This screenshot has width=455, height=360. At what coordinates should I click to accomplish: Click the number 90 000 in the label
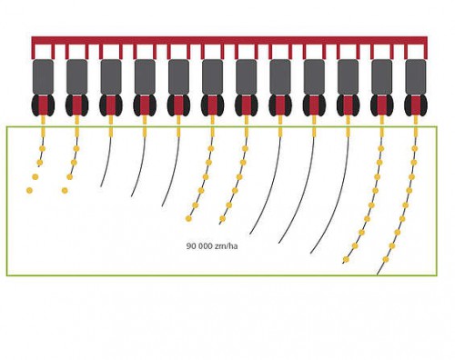coord(199,245)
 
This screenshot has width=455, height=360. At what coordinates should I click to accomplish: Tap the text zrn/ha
coord(226,245)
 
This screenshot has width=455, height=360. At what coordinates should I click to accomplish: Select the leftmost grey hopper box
coord(43,77)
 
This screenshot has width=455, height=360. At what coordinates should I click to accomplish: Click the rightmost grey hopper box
coord(416,77)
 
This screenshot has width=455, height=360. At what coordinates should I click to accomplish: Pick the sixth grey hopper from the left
coord(212,77)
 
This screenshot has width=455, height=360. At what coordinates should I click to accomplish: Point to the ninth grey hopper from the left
coord(314,77)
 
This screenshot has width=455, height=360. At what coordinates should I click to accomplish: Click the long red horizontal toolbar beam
coord(229,40)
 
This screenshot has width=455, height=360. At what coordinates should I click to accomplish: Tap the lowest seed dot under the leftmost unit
coord(29,190)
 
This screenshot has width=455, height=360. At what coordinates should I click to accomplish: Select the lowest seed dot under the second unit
coord(65,190)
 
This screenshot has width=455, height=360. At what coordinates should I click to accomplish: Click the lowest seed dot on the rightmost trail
coord(386,259)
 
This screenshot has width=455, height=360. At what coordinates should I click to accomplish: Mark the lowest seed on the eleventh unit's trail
coord(346,259)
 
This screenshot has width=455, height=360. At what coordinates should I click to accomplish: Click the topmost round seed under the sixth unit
coord(211,148)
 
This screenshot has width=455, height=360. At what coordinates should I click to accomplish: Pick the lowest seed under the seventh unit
coord(222,218)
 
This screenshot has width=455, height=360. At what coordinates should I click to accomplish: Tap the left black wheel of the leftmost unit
coord(35,105)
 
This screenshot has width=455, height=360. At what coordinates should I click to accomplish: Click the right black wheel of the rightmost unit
coord(423,105)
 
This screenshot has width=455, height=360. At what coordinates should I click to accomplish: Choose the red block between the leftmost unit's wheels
coord(43,105)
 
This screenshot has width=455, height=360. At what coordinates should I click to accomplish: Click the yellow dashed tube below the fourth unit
coord(145,125)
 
